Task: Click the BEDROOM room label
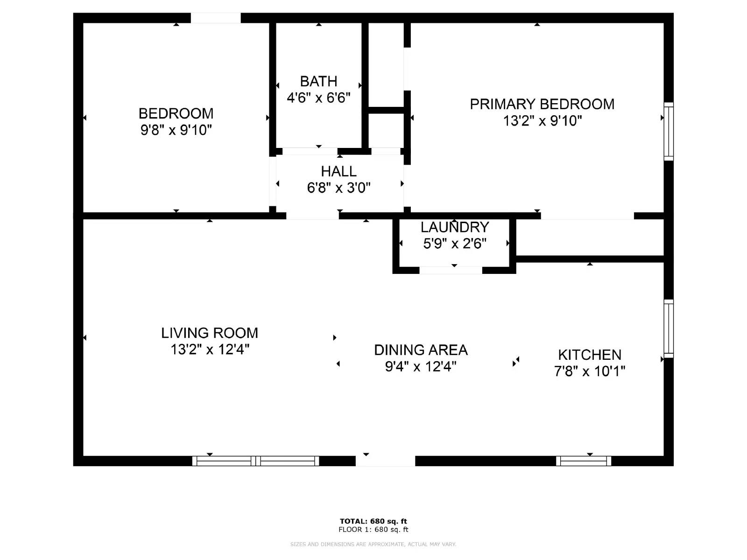tap(176, 113)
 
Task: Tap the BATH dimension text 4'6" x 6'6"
tap(318, 98)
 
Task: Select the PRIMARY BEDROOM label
tap(542, 104)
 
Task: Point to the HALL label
tap(338, 171)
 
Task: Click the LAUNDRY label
tap(455, 227)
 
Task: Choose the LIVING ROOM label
tap(210, 333)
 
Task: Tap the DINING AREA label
tap(421, 350)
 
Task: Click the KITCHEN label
tap(590, 355)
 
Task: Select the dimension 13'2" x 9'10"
tap(542, 121)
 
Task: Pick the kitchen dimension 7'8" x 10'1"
tap(590, 371)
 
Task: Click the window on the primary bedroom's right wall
tap(669, 131)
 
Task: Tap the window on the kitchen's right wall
tap(669, 329)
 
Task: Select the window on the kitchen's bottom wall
tap(584, 461)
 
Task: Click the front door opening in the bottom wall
tap(385, 461)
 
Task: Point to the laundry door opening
tap(451, 270)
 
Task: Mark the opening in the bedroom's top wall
tap(216, 18)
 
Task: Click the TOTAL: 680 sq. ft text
tap(373, 521)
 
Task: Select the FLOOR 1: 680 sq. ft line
tap(373, 530)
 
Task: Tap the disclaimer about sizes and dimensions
tap(373, 544)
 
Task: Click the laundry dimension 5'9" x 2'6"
tap(455, 244)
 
